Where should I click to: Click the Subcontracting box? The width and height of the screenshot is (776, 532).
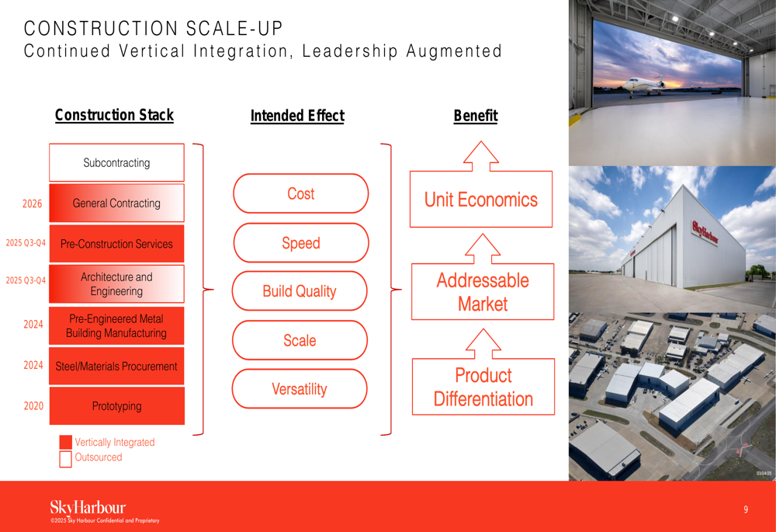coord(117,162)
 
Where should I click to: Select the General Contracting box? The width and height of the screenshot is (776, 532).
coord(117,203)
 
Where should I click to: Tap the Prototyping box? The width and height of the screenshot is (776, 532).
coord(117,406)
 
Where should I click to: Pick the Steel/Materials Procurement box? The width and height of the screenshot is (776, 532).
coord(117,366)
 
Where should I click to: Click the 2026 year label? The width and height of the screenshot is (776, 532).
coord(32,204)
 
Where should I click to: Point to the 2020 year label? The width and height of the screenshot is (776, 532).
coord(33,406)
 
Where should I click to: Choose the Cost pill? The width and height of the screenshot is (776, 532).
coord(301,193)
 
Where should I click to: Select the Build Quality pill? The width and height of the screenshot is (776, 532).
coord(300,291)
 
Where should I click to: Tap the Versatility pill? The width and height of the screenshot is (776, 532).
coord(300,389)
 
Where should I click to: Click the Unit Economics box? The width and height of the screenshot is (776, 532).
coord(481,200)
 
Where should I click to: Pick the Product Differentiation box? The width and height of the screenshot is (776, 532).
coord(483,387)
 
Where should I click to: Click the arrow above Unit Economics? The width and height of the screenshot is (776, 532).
coord(481,156)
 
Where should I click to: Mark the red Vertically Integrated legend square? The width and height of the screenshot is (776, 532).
coord(65,443)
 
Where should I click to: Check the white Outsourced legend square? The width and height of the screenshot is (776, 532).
coord(65,459)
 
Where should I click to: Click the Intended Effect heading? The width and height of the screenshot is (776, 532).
coord(297,116)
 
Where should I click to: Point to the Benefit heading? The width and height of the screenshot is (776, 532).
coord(476,116)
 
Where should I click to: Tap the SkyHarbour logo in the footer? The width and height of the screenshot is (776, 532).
coord(88,508)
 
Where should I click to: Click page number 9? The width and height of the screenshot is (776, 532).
coord(746,509)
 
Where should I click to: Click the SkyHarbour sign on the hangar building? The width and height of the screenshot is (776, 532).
coord(705,231)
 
